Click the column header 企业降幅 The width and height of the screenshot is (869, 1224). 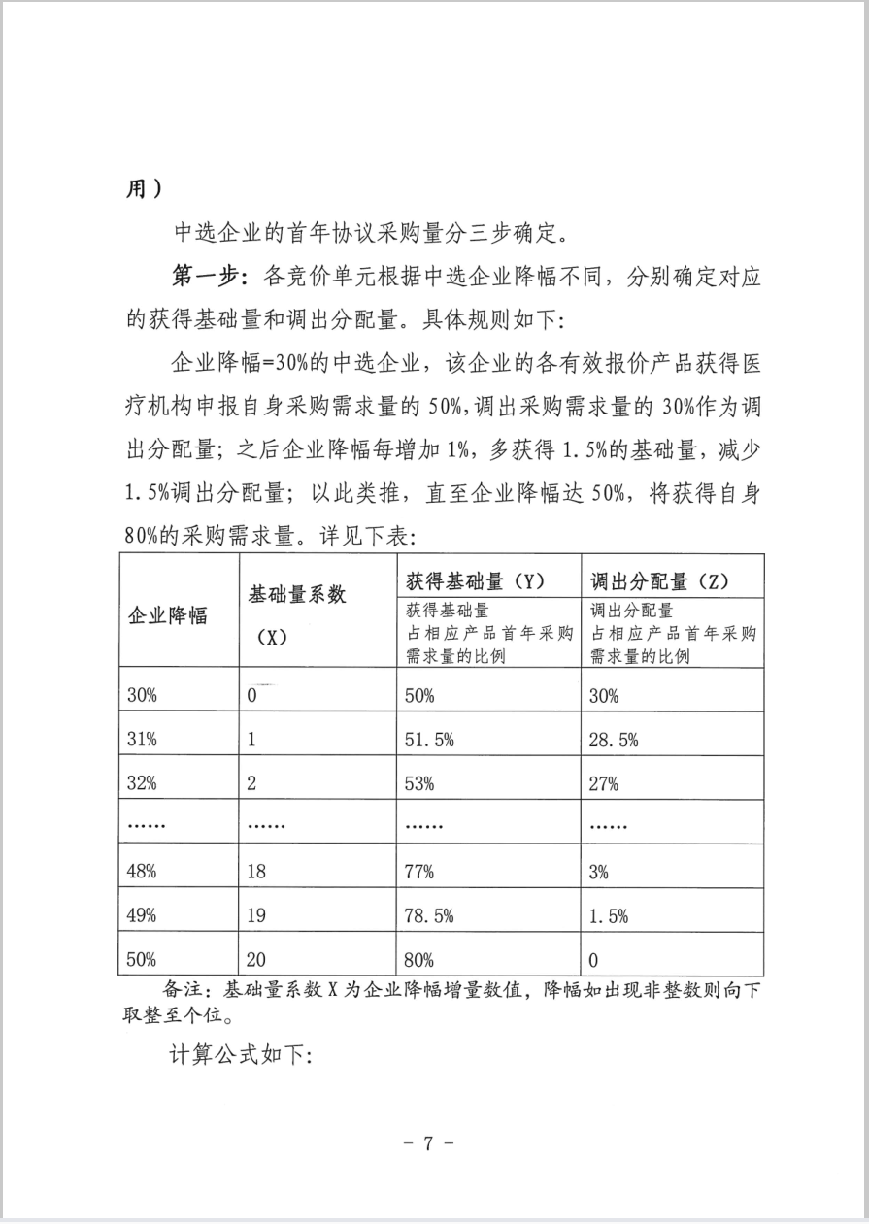point(168,615)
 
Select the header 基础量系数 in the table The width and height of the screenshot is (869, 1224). point(297,594)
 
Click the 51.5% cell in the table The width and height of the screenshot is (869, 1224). point(428,740)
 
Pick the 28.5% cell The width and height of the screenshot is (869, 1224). point(614,740)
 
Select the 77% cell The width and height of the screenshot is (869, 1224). point(419,872)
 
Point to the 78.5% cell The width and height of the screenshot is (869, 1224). point(428,915)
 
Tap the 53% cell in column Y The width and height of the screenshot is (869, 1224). point(419,784)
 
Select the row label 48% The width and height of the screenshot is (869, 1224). point(142,872)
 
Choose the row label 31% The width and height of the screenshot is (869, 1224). point(142,740)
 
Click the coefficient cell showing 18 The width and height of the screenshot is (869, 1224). point(257,872)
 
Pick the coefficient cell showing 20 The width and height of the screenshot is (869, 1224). point(257,960)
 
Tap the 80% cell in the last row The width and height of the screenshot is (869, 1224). point(419,960)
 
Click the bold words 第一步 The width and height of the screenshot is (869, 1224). point(205,278)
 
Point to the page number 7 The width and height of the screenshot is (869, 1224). point(428,1142)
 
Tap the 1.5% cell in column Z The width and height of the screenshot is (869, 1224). point(609,915)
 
